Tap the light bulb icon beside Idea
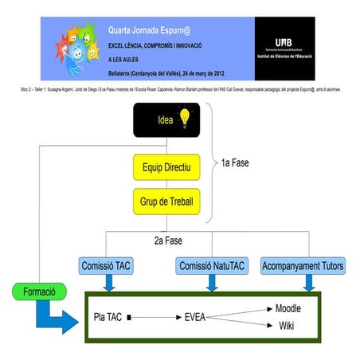tap(185, 119)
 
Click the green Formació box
tap(38, 292)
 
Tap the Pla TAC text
tap(108, 317)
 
